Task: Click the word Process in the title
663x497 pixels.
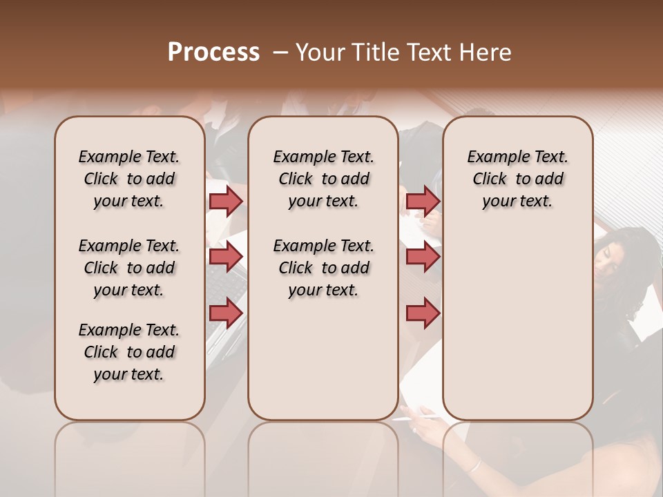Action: tap(213, 52)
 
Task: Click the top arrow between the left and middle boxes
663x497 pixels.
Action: tap(226, 201)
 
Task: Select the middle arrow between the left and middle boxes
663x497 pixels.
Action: tap(226, 257)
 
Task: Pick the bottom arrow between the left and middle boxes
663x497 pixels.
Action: tap(226, 313)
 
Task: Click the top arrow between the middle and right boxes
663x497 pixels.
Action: tap(423, 201)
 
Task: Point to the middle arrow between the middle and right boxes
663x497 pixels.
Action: tap(423, 257)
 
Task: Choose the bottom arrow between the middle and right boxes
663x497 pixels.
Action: tap(423, 313)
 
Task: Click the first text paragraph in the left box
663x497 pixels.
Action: tap(129, 179)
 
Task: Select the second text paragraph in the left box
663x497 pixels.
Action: tap(129, 268)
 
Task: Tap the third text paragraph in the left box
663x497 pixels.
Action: tap(129, 352)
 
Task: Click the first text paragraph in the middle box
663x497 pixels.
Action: tap(323, 179)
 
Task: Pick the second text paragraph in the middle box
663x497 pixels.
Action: tap(323, 268)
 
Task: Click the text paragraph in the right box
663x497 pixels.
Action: tap(517, 179)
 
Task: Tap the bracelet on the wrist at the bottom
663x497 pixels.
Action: tap(474, 465)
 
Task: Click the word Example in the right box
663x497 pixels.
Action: tap(494, 157)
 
